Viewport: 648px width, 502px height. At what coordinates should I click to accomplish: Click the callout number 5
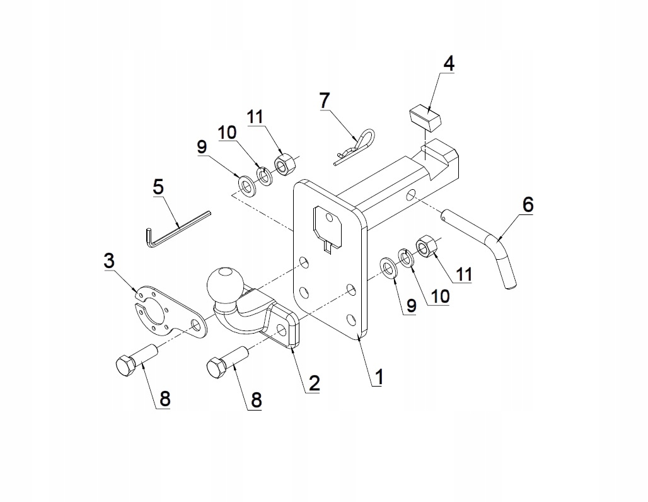click(158, 187)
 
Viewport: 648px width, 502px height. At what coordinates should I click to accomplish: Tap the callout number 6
click(528, 204)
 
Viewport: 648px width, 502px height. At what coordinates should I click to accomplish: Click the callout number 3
click(110, 260)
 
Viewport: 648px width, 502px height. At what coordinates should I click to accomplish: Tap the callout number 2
click(313, 383)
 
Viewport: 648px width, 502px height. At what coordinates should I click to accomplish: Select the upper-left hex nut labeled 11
click(282, 165)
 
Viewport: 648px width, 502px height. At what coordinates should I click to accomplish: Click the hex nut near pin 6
click(427, 246)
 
